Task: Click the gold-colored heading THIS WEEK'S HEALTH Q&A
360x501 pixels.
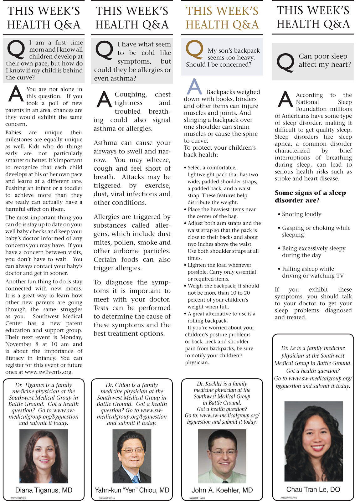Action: pyautogui.click(x=222, y=18)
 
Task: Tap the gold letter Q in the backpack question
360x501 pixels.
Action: pyautogui.click(x=194, y=50)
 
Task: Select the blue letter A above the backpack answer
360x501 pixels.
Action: pyautogui.click(x=194, y=87)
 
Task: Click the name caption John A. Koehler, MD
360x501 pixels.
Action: pyautogui.click(x=222, y=490)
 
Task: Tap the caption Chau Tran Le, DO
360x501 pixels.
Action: pyautogui.click(x=313, y=489)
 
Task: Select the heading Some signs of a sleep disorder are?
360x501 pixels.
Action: pyautogui.click(x=310, y=196)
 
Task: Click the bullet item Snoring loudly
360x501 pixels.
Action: pyautogui.click(x=301, y=214)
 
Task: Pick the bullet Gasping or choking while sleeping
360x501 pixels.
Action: pyautogui.click(x=316, y=231)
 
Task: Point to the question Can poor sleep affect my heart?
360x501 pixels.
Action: pyautogui.click(x=325, y=60)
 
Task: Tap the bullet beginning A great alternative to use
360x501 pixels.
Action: pyautogui.click(x=221, y=317)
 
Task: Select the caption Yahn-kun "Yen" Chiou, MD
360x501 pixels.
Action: pyautogui.click(x=132, y=490)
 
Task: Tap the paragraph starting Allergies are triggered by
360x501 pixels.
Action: pyautogui.click(x=132, y=242)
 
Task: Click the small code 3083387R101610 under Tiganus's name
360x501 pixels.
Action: pyautogui.click(x=18, y=498)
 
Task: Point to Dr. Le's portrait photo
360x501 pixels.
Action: pyautogui.click(x=313, y=441)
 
